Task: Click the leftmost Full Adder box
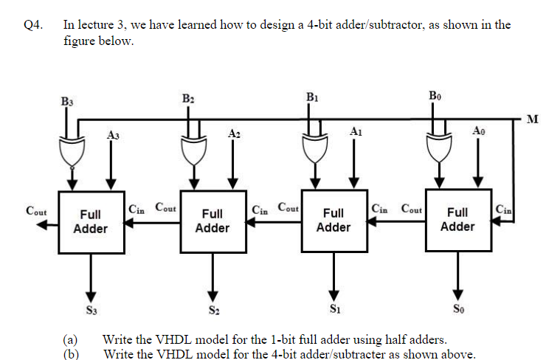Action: (x=91, y=221)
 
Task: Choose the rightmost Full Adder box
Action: (x=457, y=219)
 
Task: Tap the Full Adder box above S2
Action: (x=212, y=221)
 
